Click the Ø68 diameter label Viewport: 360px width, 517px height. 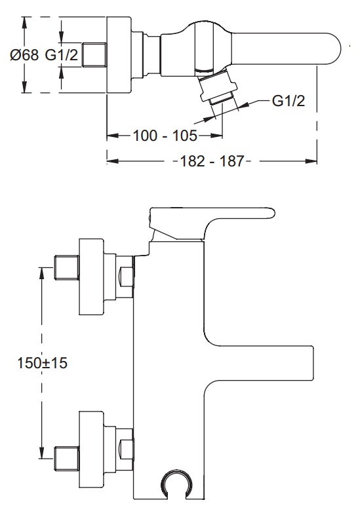(24, 55)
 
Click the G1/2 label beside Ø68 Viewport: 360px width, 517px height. (62, 55)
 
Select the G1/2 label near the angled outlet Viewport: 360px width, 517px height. (289, 100)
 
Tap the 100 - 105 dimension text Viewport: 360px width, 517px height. (165, 136)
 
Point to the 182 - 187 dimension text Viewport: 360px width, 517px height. (212, 161)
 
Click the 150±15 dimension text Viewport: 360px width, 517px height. (42, 363)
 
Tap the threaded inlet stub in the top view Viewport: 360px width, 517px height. (94, 55)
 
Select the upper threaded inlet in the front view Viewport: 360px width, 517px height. (66, 267)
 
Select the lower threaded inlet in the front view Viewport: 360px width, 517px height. (66, 458)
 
